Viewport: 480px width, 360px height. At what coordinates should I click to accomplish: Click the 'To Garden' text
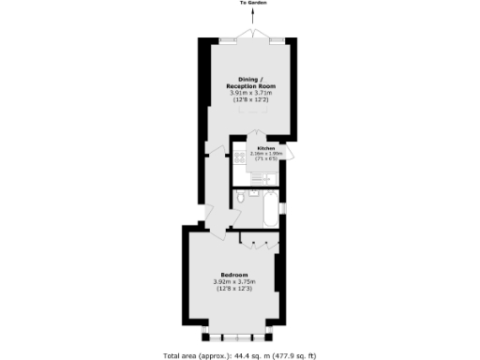(x=248, y=4)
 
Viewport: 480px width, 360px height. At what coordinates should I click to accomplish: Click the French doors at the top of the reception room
(x=248, y=35)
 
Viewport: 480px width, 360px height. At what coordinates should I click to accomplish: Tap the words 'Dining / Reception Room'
(x=248, y=83)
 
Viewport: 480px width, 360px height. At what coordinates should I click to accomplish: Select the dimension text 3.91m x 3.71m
(x=248, y=94)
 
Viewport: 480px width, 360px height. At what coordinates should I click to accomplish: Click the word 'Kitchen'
(x=265, y=148)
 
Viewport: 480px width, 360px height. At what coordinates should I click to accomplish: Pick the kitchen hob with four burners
(x=240, y=157)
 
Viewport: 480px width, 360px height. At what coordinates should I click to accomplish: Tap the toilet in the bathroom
(x=241, y=197)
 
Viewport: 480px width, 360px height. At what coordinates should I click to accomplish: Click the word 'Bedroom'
(x=234, y=274)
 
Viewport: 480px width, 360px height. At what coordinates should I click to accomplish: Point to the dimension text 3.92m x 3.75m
(x=234, y=282)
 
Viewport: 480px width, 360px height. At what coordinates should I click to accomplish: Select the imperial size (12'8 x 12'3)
(x=234, y=291)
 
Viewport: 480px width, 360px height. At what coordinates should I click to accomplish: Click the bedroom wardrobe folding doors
(x=257, y=239)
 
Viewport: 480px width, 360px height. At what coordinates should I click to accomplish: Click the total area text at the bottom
(x=240, y=355)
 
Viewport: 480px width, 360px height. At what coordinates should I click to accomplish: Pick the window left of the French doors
(x=226, y=38)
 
